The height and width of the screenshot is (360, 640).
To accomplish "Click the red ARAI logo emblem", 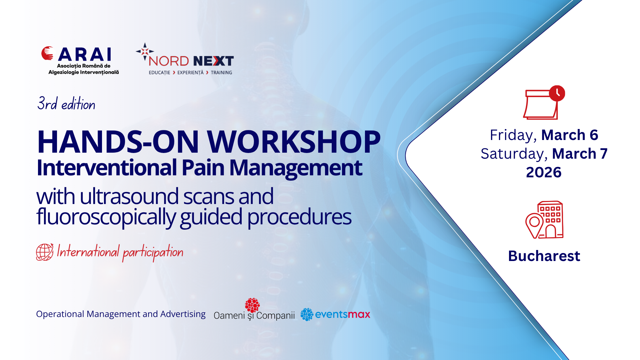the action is (47, 53).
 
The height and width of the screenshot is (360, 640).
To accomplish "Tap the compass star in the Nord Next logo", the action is (145, 51).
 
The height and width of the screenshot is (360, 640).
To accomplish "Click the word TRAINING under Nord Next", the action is (221, 73).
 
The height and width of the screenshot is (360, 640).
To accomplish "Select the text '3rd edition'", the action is (66, 103).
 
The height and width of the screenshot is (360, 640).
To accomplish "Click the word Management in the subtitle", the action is (296, 168).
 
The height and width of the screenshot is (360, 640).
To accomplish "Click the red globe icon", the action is (45, 252).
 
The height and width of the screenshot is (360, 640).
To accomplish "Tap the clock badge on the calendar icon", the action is (557, 93).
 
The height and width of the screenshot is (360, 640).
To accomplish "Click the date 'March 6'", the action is (570, 135).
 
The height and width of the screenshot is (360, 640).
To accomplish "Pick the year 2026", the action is (544, 172).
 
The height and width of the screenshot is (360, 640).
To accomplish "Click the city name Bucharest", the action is (544, 256).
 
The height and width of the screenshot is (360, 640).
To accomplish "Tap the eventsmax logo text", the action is (342, 314).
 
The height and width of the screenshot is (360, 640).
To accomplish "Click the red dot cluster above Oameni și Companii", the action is (252, 305).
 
